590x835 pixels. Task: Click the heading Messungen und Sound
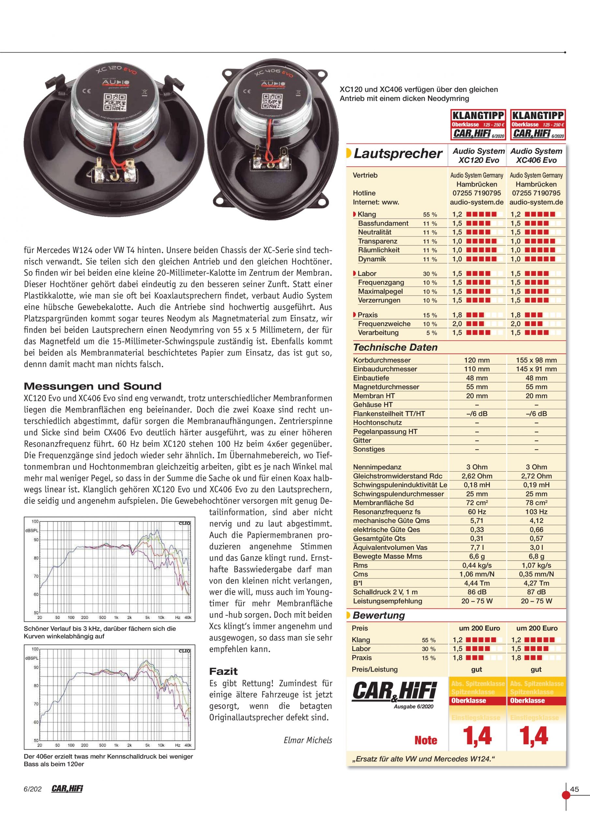click(x=92, y=386)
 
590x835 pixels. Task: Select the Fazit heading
click(x=223, y=671)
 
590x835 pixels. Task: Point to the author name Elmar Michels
click(x=308, y=740)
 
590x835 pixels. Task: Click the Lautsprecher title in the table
click(x=398, y=154)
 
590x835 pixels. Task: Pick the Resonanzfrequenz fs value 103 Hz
click(x=536, y=512)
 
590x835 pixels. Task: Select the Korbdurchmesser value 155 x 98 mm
click(x=536, y=360)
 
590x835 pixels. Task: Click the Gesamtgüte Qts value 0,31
click(x=477, y=539)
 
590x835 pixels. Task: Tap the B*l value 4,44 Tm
click(x=477, y=583)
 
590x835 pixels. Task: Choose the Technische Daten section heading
click(x=395, y=347)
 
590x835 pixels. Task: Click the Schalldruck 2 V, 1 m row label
click(x=385, y=592)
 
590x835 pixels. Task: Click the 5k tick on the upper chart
click(x=148, y=617)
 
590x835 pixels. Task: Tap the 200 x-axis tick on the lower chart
click(x=84, y=745)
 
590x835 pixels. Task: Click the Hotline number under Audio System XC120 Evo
click(x=477, y=193)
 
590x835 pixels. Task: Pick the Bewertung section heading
click(x=379, y=615)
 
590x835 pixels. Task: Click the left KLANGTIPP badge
click(x=477, y=124)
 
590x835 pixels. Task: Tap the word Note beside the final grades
click(x=426, y=740)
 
